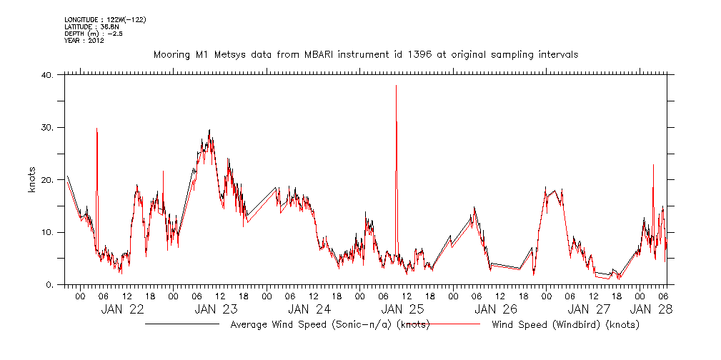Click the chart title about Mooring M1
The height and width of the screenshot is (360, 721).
(366, 54)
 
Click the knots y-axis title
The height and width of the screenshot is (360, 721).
(32, 180)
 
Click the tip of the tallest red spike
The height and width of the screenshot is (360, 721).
(396, 85)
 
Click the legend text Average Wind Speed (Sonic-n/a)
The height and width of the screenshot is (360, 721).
(330, 325)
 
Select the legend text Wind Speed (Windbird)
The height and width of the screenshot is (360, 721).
(565, 325)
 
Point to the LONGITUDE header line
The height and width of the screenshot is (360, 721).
(105, 19)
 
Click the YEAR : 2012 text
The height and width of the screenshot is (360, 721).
(84, 41)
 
